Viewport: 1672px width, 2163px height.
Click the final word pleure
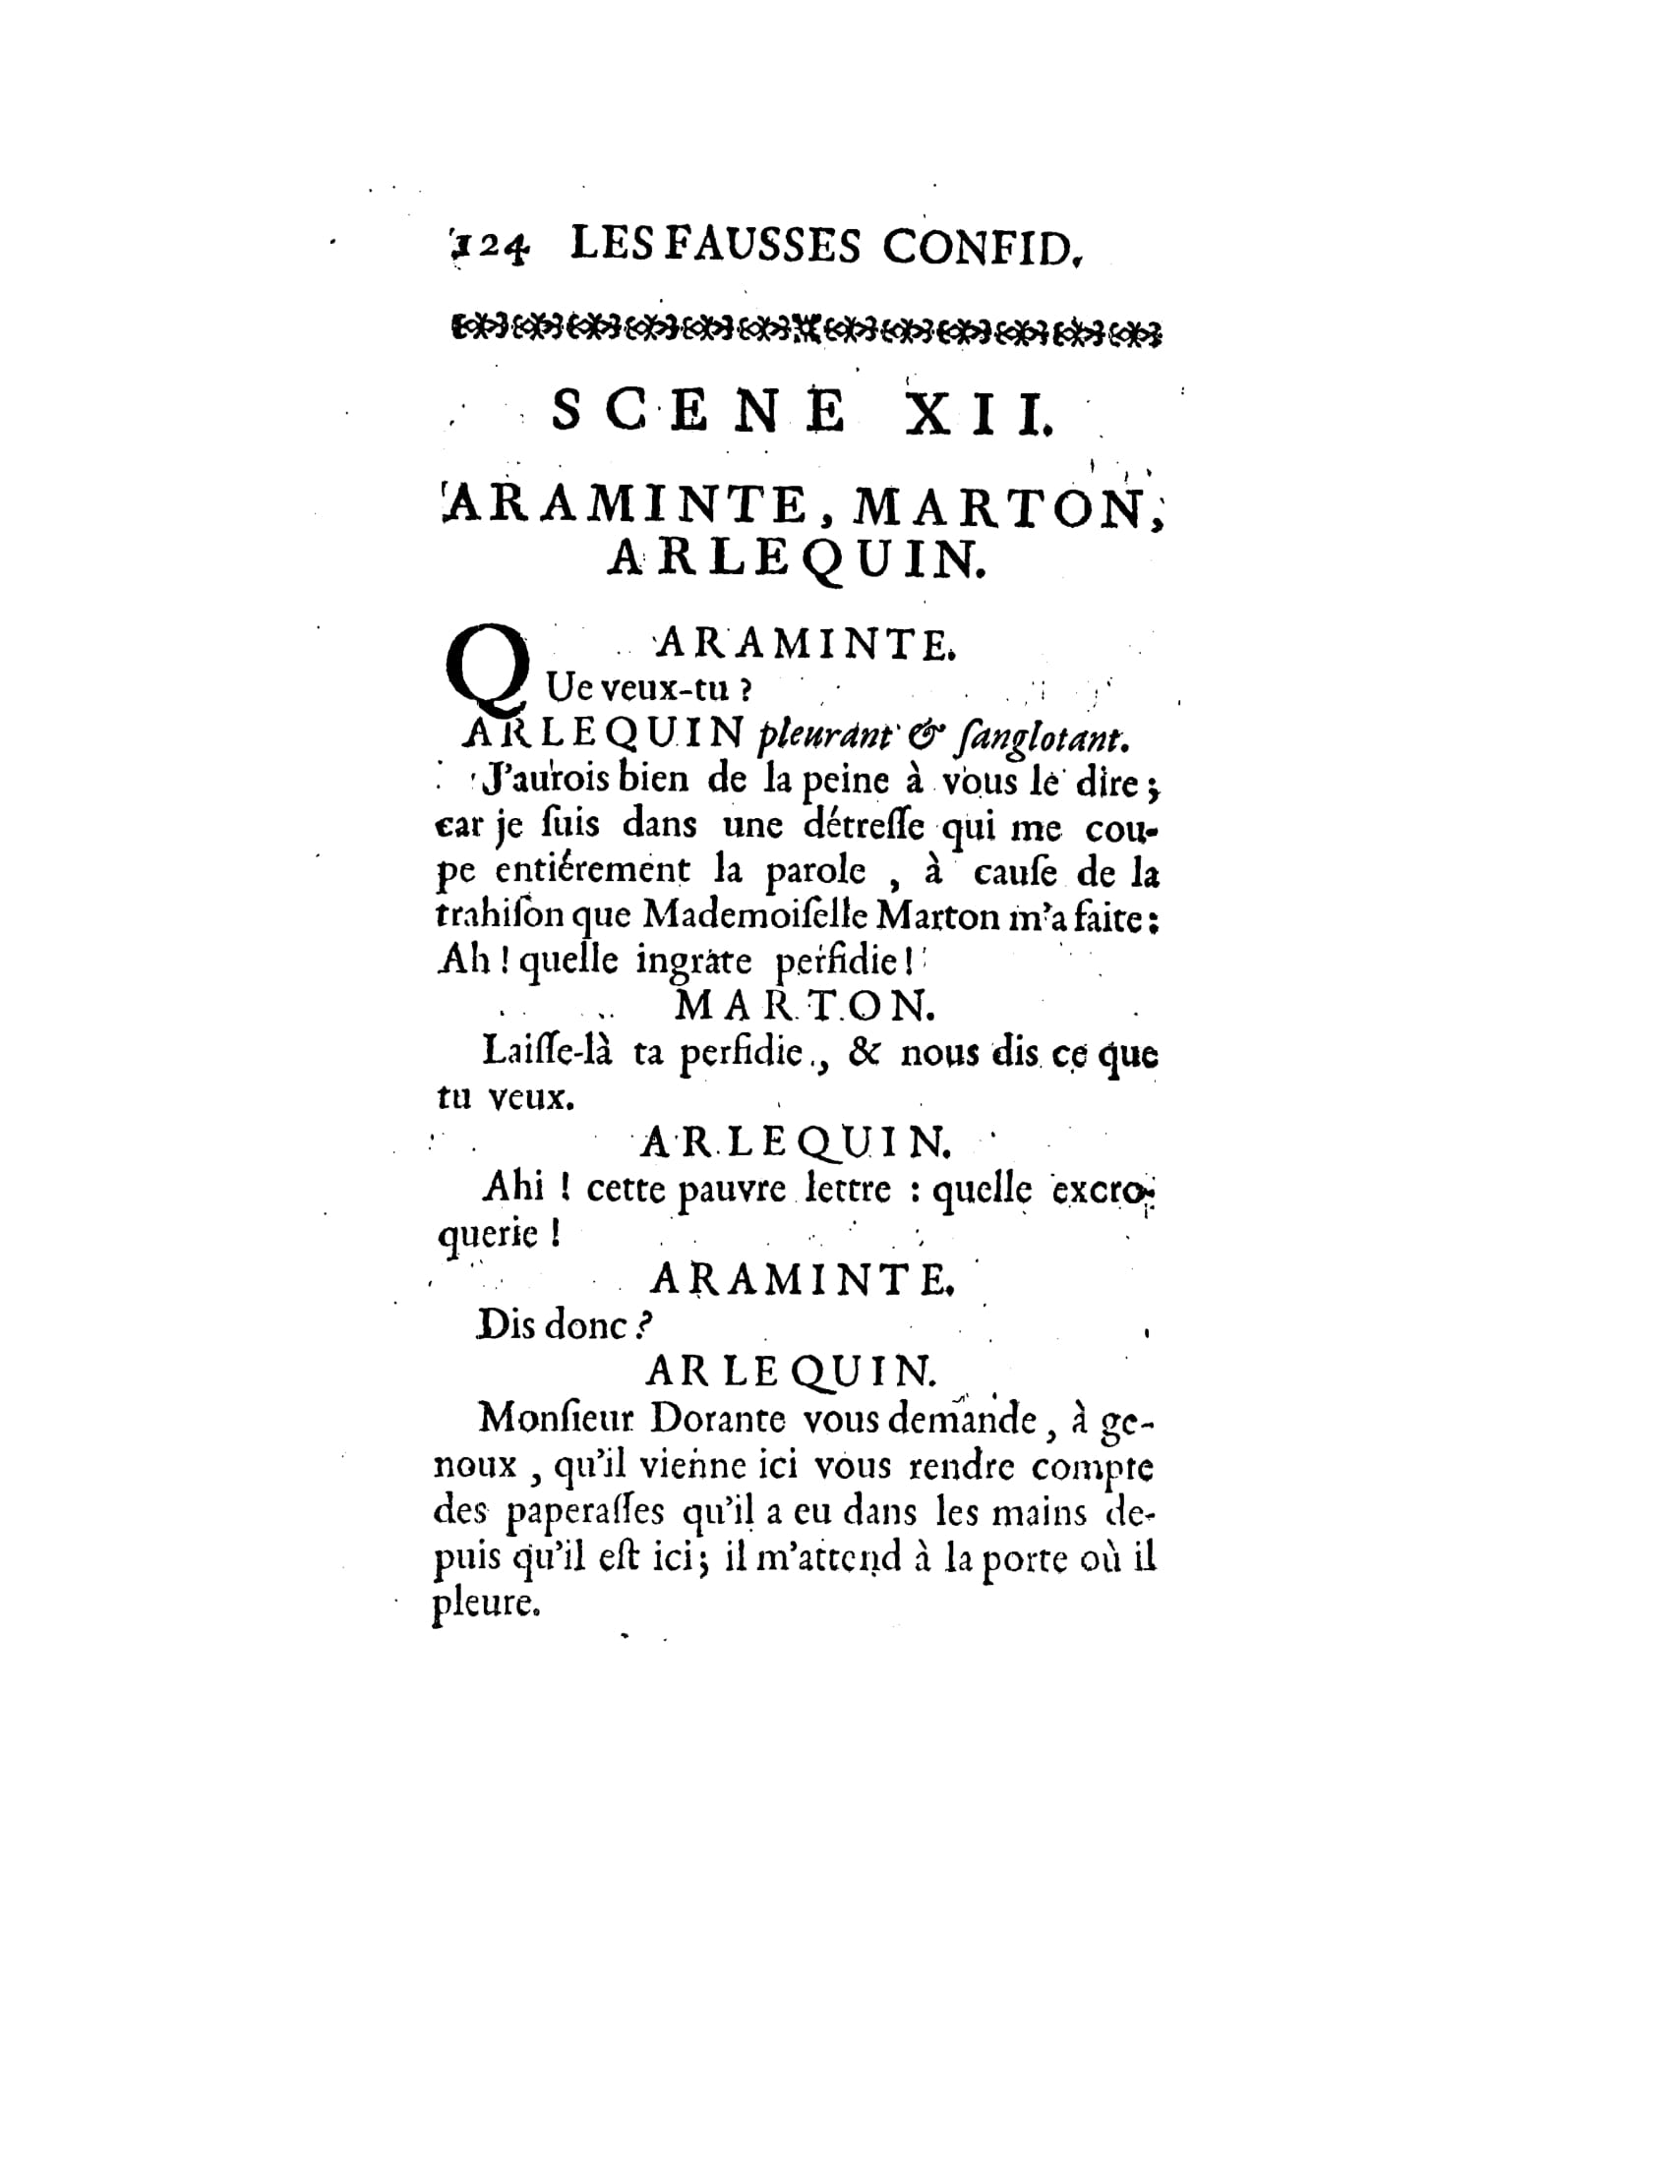(x=485, y=1603)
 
